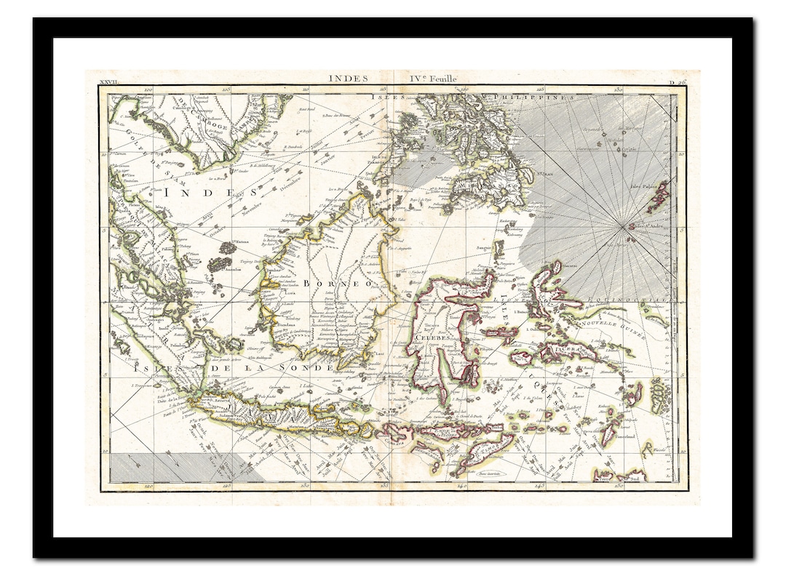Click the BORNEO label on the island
pyautogui.click(x=337, y=283)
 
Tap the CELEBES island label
pyautogui.click(x=425, y=337)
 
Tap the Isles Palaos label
pyautogui.click(x=643, y=186)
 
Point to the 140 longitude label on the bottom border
pyautogui.click(x=461, y=485)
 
